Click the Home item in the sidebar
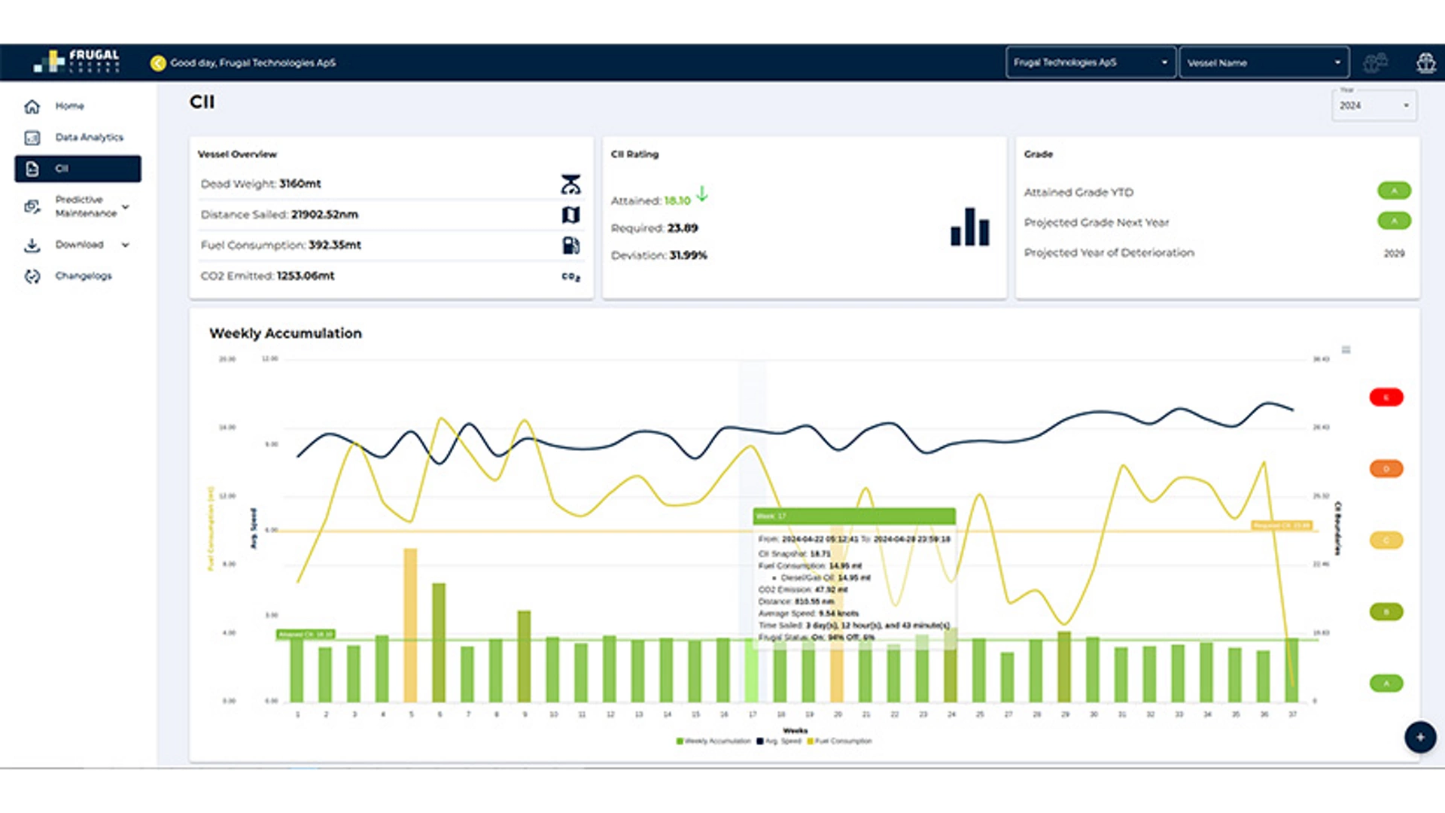(68, 106)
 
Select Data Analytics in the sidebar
(88, 137)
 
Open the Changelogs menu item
(83, 276)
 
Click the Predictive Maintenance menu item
(85, 206)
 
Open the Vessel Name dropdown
(1263, 62)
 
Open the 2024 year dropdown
(1374, 105)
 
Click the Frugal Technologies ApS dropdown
(1089, 62)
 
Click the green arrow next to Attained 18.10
(701, 194)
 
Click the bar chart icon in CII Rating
(969, 227)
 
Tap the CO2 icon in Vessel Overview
(570, 276)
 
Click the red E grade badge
(1386, 397)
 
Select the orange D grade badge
(1386, 468)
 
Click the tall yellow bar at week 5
(410, 625)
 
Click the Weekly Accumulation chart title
(285, 333)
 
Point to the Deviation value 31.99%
(688, 255)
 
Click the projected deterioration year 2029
(1393, 253)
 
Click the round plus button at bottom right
(1419, 737)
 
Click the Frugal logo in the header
(77, 61)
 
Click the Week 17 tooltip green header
(854, 516)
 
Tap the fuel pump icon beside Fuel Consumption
(570, 245)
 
